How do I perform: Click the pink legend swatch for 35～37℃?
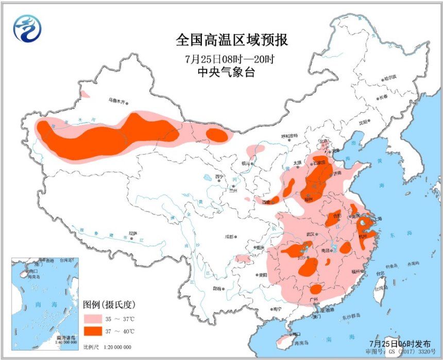tap(95, 316)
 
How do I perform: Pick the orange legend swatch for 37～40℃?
tap(95, 330)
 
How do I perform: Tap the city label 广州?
tap(314, 299)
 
